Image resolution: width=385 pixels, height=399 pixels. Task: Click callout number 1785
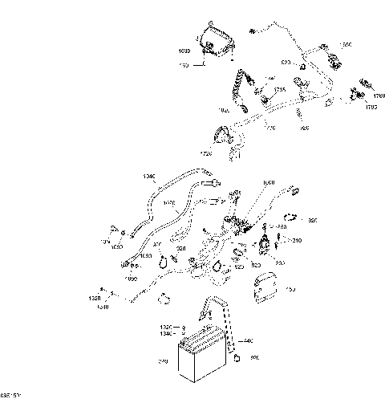tap(279, 89)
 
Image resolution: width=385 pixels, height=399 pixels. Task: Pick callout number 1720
tap(208, 152)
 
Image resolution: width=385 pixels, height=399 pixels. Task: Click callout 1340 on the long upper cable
tap(148, 177)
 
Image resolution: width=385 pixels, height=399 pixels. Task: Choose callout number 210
tap(297, 241)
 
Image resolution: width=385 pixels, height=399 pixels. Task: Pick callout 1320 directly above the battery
tap(165, 328)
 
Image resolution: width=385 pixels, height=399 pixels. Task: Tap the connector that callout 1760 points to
tap(366, 83)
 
